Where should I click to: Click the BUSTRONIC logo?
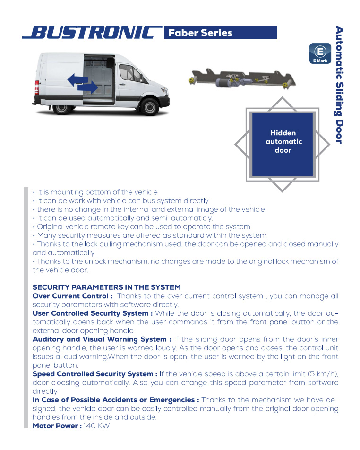point(92,33)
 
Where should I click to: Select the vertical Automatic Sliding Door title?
point(340,85)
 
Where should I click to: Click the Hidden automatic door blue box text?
point(283,142)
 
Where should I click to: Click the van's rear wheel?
point(62,107)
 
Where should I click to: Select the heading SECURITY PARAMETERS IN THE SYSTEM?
point(106,287)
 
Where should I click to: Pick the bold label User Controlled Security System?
point(93,313)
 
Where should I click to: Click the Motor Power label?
point(57,426)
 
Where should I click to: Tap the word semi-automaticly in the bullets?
point(182,218)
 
